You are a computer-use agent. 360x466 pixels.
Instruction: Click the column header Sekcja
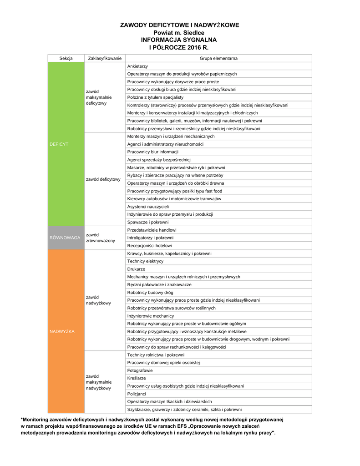66,58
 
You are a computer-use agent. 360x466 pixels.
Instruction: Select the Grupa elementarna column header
218,58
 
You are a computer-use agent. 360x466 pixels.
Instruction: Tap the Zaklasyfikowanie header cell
105,58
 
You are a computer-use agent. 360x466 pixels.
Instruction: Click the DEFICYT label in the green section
59,144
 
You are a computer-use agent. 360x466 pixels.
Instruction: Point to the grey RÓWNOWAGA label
65,238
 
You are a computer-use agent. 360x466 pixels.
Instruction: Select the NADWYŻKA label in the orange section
61,331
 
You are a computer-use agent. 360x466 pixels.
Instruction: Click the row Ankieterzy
137,66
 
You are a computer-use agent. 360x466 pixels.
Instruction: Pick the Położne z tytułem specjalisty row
155,97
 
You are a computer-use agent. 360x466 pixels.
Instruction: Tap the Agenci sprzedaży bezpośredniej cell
159,160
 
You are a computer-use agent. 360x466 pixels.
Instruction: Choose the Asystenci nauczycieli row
148,207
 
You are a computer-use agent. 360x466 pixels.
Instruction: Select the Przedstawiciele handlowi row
152,230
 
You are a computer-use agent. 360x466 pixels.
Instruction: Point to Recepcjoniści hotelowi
150,245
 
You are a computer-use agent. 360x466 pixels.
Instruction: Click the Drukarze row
136,269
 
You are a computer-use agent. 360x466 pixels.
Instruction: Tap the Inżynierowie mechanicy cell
151,316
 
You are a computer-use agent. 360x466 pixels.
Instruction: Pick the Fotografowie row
140,370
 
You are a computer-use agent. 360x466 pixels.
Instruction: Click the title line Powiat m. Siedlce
179,33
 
